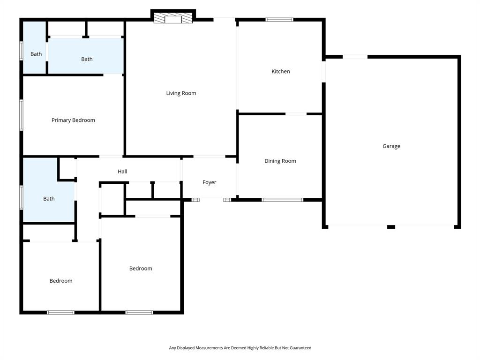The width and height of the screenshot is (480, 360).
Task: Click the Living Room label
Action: coord(181,93)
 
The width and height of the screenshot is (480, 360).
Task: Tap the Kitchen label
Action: coord(281,72)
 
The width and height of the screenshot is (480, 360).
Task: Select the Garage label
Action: coord(391,146)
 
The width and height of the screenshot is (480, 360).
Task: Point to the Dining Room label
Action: coord(280,161)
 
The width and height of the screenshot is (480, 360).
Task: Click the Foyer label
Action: coord(209,182)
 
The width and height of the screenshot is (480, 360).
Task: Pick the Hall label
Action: coord(122,172)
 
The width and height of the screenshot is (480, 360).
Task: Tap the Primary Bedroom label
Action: coord(73,120)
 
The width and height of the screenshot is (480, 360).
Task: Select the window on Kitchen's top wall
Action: coord(279,20)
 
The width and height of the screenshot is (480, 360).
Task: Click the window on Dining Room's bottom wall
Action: coord(282,200)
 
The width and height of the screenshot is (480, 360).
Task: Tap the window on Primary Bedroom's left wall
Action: coord(21,115)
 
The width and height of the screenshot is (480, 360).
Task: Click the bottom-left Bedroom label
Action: coord(61,281)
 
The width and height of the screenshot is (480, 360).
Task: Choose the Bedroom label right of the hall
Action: coord(141,269)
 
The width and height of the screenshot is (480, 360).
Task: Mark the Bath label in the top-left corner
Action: coord(36,54)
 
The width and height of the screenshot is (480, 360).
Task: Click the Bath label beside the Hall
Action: coord(49,199)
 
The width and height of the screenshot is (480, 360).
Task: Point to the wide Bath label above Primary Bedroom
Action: coord(87,60)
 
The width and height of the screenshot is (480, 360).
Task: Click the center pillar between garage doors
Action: coord(391,227)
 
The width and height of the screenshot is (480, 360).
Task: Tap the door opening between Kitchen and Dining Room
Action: coord(296,113)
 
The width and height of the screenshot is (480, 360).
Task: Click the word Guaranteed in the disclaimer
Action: coord(300,348)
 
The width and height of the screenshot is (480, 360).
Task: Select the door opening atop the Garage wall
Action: coord(355,57)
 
